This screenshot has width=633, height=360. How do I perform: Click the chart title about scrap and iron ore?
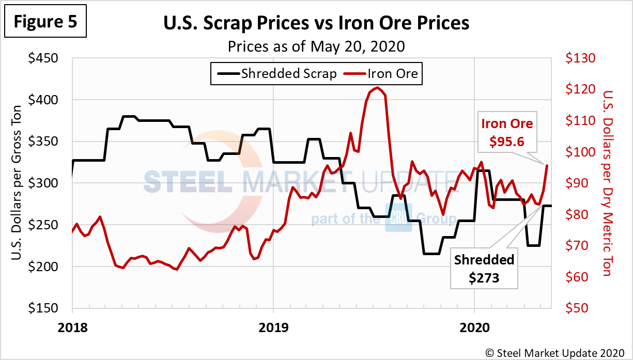tap(316, 23)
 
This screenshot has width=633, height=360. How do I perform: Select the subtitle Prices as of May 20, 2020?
tap(316, 46)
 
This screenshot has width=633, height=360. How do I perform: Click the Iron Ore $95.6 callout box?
tap(507, 132)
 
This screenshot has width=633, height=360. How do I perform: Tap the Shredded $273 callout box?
tap(484, 269)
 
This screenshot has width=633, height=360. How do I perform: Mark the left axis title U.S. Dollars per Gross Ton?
tap(16, 183)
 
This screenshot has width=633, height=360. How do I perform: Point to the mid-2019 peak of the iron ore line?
tap(377, 88)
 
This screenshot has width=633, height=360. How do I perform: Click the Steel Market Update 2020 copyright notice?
tap(556, 352)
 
